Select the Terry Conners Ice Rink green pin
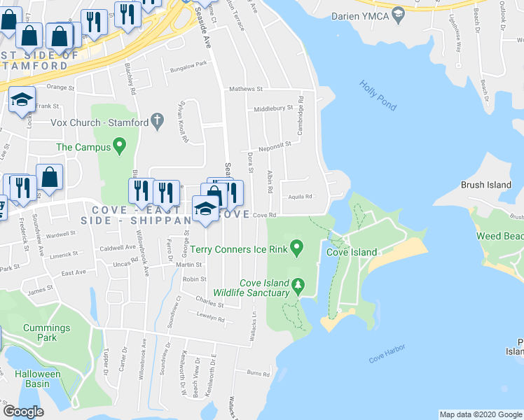[x=297, y=247]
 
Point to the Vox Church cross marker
[x=158, y=122]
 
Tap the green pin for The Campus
[x=119, y=147]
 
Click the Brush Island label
[x=485, y=185]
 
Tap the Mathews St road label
[x=245, y=90]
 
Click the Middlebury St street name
[x=273, y=108]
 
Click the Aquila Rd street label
[x=298, y=197]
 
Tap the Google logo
[x=23, y=411]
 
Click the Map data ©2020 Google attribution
[x=481, y=414]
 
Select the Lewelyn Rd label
[x=210, y=319]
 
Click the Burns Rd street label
[x=258, y=372]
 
